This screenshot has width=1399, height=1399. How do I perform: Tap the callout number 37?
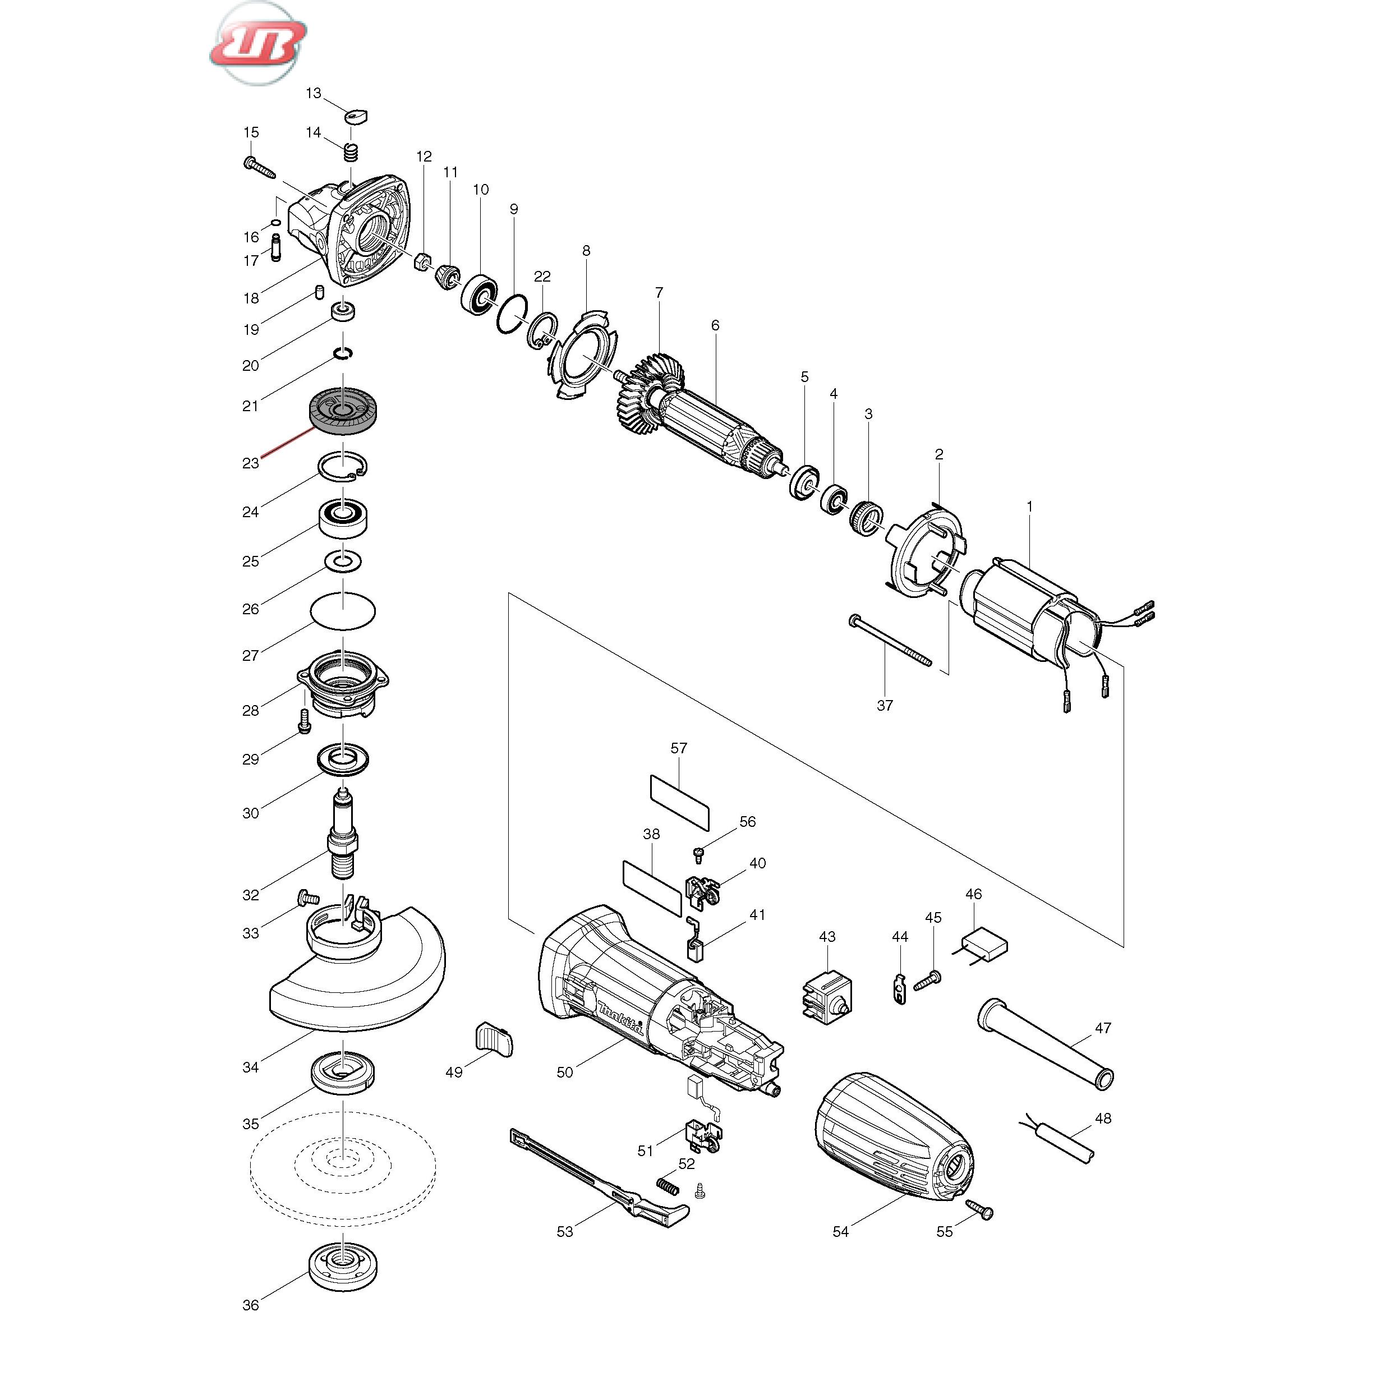pos(885,705)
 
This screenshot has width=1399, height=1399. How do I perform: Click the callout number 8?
pos(586,251)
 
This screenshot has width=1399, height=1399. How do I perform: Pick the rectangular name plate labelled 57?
pos(679,802)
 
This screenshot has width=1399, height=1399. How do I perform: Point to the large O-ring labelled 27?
pos(343,610)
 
